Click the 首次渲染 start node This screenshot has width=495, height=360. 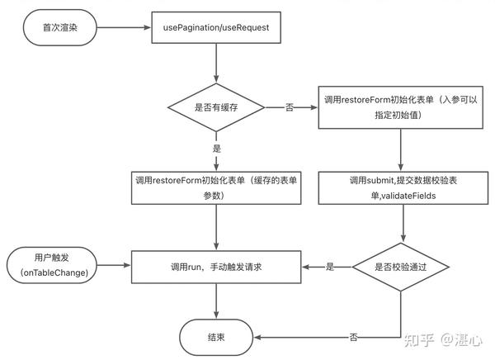pyautogui.click(x=58, y=28)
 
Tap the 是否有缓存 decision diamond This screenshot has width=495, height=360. pyautogui.click(x=215, y=107)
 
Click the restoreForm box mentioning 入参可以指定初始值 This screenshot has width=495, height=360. pyautogui.click(x=401, y=107)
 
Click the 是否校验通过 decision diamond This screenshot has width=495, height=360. pyautogui.click(x=401, y=267)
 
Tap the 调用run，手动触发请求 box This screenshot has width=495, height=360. pyautogui.click(x=215, y=267)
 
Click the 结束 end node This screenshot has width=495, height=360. pyautogui.click(x=216, y=337)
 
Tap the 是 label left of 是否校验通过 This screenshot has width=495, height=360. pyautogui.click(x=329, y=267)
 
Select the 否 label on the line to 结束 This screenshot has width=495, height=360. pyautogui.click(x=354, y=338)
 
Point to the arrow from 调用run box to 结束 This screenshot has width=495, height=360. pyautogui.click(x=215, y=303)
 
